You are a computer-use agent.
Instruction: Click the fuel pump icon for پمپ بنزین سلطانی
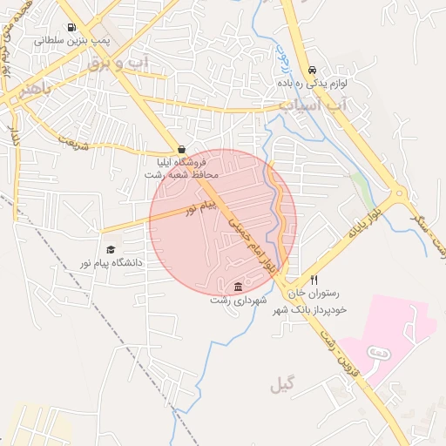coord(71,27)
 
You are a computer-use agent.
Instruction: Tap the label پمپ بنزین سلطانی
coord(71,40)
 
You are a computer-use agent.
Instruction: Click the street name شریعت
coord(74,143)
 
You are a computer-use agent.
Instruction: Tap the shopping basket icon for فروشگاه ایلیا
coord(181,150)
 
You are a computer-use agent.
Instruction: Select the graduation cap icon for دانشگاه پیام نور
coord(110,249)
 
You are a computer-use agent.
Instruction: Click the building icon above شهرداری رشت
coord(239,287)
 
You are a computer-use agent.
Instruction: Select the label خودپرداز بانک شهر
coord(310,308)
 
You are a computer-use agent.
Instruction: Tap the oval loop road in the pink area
coord(378,351)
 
